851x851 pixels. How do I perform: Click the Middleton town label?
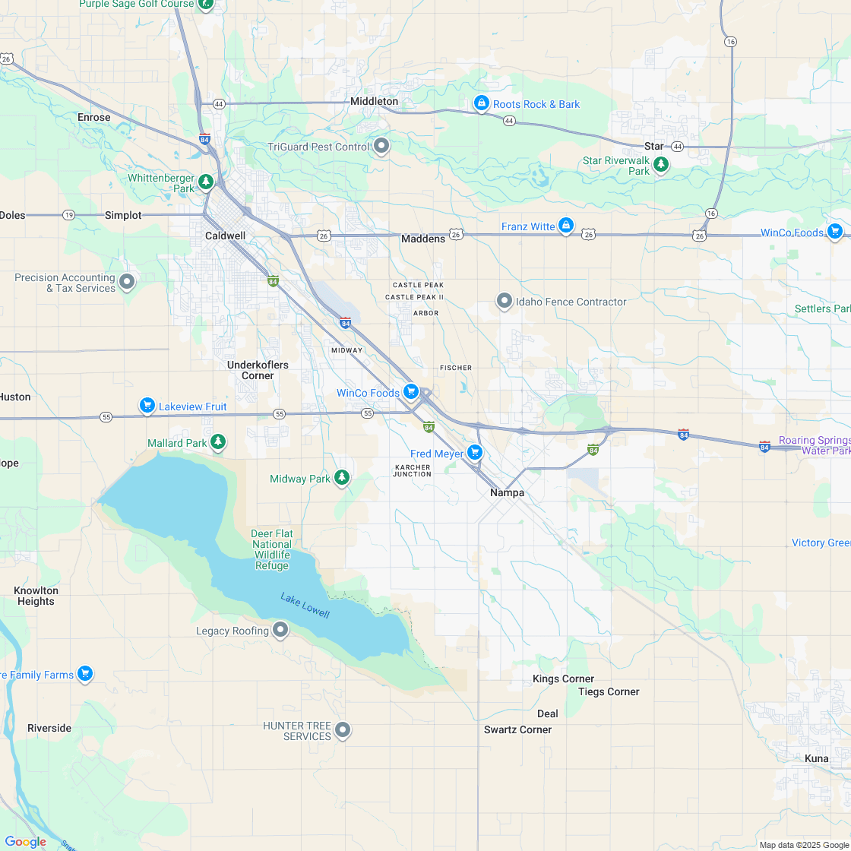point(374,101)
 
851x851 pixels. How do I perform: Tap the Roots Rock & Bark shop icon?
point(481,103)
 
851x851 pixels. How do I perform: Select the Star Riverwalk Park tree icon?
point(661,163)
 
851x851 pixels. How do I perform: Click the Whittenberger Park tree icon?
point(206,182)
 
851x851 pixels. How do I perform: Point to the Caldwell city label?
point(225,236)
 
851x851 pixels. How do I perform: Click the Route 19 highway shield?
point(69,215)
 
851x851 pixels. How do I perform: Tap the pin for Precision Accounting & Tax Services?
point(127,282)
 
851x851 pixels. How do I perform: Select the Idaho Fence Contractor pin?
point(505,301)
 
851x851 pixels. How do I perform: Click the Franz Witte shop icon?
point(565,226)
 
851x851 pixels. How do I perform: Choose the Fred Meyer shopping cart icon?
point(475,453)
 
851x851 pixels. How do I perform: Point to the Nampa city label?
point(507,492)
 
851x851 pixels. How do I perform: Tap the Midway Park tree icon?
point(343,477)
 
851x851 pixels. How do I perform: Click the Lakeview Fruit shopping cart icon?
point(147,406)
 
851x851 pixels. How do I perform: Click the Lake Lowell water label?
point(305,605)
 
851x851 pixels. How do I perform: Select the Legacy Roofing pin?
point(281,629)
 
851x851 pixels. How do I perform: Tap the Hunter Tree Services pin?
point(343,729)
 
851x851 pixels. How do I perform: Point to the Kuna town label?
point(817,758)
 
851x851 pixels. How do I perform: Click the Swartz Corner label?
point(517,729)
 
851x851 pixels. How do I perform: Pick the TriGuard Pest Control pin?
point(381,146)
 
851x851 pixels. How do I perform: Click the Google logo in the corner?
point(25,842)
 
